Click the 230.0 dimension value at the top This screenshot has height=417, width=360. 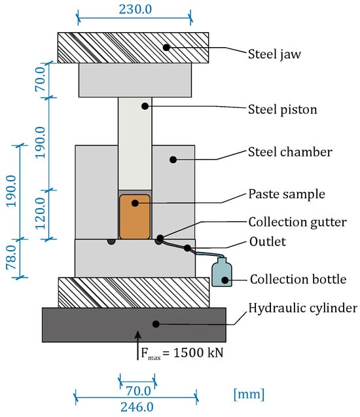(135, 9)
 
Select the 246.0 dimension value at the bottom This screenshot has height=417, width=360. (137, 407)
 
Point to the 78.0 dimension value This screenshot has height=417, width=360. (12, 257)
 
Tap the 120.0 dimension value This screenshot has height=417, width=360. (41, 213)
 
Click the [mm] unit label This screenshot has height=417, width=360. (249, 394)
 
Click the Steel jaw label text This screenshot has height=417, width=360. (274, 54)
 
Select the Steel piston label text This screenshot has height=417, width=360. (282, 109)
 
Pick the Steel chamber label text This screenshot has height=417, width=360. (290, 152)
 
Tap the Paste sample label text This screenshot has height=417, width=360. (287, 194)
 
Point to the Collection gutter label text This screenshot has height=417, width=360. (298, 222)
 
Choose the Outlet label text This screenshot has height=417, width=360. (268, 242)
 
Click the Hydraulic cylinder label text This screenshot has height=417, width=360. (303, 308)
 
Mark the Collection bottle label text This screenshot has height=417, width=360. (298, 280)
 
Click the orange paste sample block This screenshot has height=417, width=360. (135, 217)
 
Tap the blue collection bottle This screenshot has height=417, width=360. (222, 272)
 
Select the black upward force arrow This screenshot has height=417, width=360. (137, 345)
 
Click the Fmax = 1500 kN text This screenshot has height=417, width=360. (182, 354)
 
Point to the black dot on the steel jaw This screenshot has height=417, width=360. (166, 48)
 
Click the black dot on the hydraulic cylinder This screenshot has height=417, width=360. (156, 324)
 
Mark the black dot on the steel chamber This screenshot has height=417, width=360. (173, 160)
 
